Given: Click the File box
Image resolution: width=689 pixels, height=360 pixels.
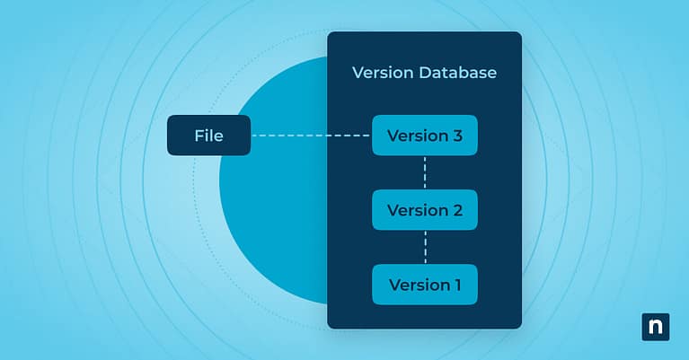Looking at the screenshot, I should click(x=208, y=136).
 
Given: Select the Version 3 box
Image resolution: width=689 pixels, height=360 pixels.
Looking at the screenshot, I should click(x=424, y=136).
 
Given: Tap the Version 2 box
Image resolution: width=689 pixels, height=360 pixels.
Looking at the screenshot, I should click(x=424, y=210).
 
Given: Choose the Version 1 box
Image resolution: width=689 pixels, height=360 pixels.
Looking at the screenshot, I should click(x=424, y=285).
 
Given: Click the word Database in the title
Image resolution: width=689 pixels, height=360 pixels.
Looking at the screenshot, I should click(x=457, y=73).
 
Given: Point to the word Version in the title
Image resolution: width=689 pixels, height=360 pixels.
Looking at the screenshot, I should click(x=383, y=73).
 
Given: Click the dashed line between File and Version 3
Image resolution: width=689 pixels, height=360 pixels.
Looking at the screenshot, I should click(x=310, y=136).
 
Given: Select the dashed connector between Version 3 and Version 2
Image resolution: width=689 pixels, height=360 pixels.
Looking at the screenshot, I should click(x=425, y=173).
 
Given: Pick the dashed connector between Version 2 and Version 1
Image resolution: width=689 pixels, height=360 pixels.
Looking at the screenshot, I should click(x=425, y=248).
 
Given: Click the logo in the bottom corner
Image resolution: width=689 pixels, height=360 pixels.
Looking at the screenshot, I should click(x=656, y=327).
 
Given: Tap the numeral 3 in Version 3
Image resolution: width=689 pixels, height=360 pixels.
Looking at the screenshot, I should click(x=457, y=136).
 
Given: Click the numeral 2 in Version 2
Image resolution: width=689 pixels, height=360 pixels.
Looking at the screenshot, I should click(x=457, y=210).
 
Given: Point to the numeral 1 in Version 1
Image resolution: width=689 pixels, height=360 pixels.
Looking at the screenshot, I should click(x=456, y=285).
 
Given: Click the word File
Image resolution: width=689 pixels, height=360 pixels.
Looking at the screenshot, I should click(x=208, y=136).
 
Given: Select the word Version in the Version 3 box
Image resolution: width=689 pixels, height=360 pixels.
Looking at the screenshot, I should click(x=417, y=136).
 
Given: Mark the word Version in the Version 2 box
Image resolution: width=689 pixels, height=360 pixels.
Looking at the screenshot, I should click(x=417, y=210).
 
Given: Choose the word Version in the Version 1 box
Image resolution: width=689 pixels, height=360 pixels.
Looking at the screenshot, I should click(x=418, y=285).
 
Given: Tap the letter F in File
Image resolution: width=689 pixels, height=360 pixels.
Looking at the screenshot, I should click(x=199, y=136).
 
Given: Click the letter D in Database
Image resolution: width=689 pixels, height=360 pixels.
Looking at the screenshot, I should click(x=424, y=73).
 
